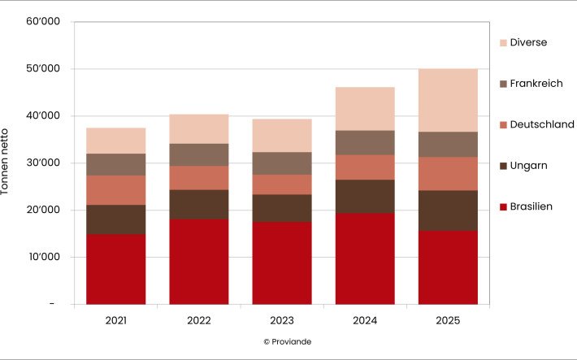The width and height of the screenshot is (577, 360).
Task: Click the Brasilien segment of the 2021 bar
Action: (x=115, y=269)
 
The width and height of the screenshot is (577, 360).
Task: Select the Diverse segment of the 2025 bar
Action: (x=448, y=100)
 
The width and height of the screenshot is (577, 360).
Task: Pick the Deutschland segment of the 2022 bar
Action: (x=198, y=178)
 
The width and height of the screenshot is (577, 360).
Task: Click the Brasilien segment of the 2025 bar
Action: (x=448, y=267)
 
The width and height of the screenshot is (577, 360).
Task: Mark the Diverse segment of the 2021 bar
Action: (x=115, y=141)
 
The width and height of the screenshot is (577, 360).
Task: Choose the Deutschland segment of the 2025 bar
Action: (x=448, y=173)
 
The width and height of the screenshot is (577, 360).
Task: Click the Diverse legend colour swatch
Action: (x=503, y=42)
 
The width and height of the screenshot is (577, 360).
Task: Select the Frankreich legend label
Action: (x=536, y=84)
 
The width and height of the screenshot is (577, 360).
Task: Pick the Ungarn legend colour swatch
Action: (x=503, y=166)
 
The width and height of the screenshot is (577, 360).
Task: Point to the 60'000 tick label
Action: (x=43, y=22)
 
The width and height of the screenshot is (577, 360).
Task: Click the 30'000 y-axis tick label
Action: (x=43, y=163)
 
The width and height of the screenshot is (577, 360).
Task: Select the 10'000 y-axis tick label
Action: (x=43, y=258)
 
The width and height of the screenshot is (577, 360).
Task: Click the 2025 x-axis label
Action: (x=448, y=320)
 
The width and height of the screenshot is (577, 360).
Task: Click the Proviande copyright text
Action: (x=287, y=342)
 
